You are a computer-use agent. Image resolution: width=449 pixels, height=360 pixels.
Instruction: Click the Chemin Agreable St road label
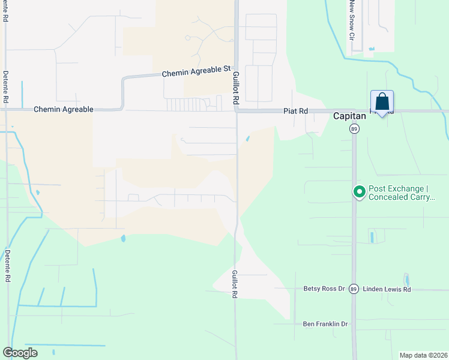pos(197,72)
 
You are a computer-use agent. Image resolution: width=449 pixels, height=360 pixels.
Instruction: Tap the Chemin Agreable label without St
pos(64,109)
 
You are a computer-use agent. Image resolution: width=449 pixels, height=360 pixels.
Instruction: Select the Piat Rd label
pos(295,111)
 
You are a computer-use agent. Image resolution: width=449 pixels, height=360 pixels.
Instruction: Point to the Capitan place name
pos(350,116)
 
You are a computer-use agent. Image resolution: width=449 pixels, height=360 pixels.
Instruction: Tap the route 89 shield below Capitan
pos(354,129)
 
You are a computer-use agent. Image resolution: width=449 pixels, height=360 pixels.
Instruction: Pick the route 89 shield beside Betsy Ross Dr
pos(354,289)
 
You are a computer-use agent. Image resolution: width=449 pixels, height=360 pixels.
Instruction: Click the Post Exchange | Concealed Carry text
pos(400,193)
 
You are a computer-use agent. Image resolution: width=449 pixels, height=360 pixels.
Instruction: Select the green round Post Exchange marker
pos(360,192)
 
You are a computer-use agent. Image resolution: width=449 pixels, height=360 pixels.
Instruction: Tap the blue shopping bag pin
pos(382,102)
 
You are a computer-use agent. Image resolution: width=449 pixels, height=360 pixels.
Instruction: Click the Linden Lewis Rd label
pos(387,289)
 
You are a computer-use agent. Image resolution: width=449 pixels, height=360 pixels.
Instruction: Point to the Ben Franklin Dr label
pos(325,324)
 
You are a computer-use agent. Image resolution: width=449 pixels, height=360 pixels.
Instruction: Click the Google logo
pos(20,352)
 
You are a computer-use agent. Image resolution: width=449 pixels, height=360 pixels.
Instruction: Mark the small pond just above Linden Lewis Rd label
pos(407,279)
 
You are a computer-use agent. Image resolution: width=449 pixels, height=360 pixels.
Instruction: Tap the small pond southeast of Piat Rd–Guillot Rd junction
pos(248,139)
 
